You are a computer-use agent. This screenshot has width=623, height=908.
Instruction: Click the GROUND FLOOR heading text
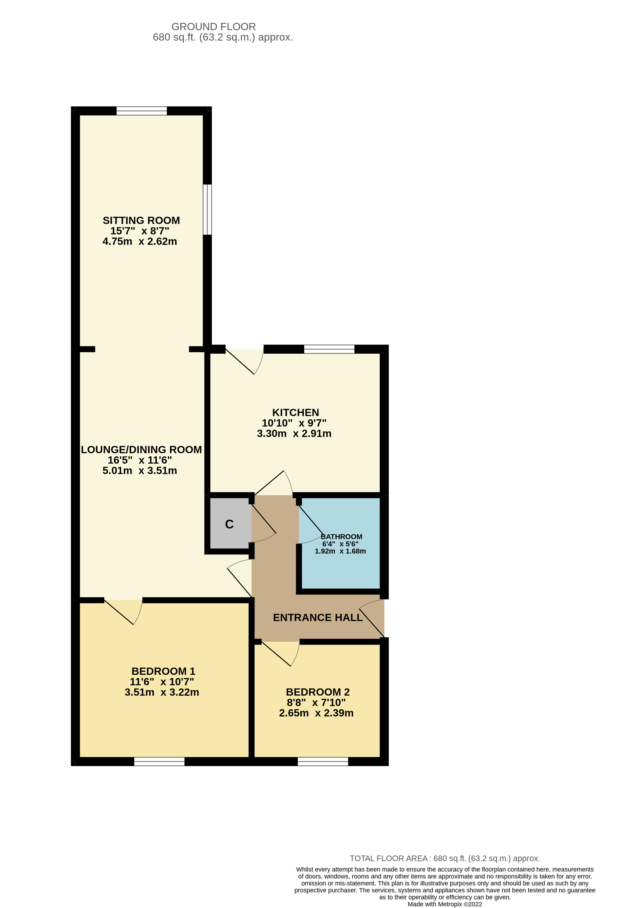[x=213, y=27]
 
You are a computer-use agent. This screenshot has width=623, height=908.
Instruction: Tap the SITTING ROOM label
[x=141, y=220]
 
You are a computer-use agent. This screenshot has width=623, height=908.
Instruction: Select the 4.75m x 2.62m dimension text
[x=139, y=241]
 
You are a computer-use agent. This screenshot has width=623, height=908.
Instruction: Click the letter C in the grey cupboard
[x=229, y=524]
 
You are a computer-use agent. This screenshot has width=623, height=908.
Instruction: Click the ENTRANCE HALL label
[x=318, y=618]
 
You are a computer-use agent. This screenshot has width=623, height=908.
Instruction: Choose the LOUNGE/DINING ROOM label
[x=141, y=450]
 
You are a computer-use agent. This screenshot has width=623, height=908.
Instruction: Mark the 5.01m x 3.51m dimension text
[x=139, y=471]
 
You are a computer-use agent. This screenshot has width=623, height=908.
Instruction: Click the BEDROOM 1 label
[x=163, y=671]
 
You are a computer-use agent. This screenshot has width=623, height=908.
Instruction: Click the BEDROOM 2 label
[x=318, y=692]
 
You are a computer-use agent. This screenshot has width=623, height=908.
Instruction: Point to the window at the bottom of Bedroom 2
[x=323, y=761]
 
